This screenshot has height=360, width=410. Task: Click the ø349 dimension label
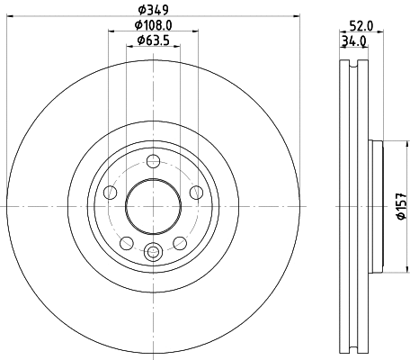click(x=153, y=10)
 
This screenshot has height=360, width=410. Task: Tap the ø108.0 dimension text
click(x=153, y=25)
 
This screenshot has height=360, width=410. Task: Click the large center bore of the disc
click(x=152, y=205)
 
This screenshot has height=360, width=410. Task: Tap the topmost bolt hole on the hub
click(x=153, y=162)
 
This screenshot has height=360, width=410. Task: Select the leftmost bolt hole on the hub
click(x=111, y=192)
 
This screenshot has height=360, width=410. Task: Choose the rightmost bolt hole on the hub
click(x=194, y=192)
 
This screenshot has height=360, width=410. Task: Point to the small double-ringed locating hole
click(x=153, y=253)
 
